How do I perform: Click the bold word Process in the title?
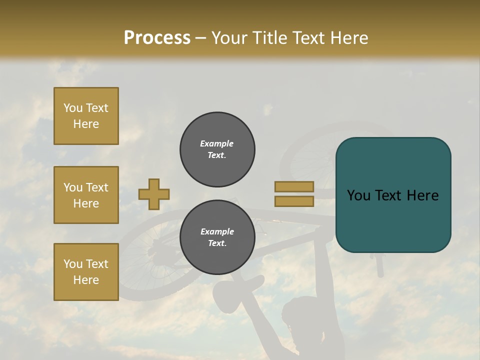[157, 37]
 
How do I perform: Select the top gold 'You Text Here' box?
[86, 116]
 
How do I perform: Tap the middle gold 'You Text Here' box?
[86, 195]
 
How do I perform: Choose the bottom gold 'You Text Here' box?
[86, 272]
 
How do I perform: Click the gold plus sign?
[154, 194]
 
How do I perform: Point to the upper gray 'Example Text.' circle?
[217, 149]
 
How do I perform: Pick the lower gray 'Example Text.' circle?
[217, 237]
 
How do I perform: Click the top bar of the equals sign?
[294, 186]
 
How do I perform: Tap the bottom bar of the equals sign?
[294, 201]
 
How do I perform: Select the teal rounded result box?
[393, 195]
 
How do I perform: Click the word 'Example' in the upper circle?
[217, 143]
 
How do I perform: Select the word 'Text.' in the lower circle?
[217, 243]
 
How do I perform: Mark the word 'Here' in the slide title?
[348, 37]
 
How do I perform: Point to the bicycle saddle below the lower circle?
[235, 290]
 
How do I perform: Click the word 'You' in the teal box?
[358, 195]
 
